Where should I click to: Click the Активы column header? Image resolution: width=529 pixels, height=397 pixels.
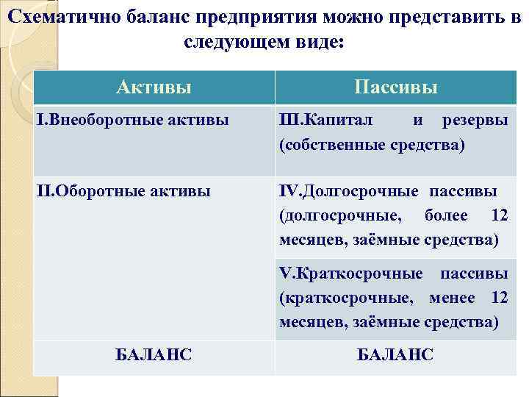tap(154, 87)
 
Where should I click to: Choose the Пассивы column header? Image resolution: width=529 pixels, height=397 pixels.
tap(395, 87)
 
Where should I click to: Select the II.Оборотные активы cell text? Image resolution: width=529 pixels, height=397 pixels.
tap(124, 191)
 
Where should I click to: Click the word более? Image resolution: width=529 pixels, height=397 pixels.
tap(447, 215)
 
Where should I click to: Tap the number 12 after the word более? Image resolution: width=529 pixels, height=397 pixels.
tap(498, 215)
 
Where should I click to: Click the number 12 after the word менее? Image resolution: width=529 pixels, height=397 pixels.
tap(499, 297)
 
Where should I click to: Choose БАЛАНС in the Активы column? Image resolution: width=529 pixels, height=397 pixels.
tap(154, 355)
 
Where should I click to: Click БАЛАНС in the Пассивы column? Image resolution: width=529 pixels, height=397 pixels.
tap(395, 355)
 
